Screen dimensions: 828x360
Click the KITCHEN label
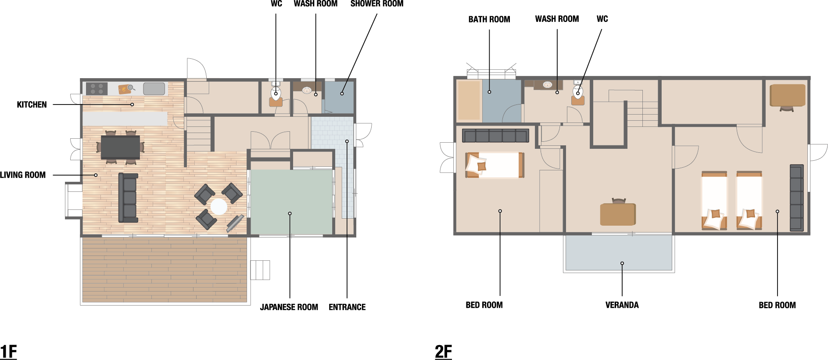[x=32, y=104]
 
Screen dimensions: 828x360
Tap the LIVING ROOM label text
[x=23, y=175]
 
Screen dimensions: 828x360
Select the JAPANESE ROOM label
[x=289, y=307]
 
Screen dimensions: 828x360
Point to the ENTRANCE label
[x=347, y=307]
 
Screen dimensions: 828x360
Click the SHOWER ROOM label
[x=377, y=4]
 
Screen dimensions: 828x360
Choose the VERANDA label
[x=622, y=305]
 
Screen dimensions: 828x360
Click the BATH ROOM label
[x=489, y=19]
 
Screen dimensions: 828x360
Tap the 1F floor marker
[x=8, y=352]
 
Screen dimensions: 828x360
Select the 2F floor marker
[x=443, y=352]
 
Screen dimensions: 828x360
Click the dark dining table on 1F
[x=120, y=147]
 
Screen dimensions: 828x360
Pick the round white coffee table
[x=219, y=206]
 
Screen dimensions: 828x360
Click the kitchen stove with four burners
[x=97, y=89]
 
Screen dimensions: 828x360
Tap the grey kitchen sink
[x=154, y=89]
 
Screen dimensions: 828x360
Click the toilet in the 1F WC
[x=276, y=92]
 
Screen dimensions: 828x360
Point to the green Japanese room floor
[x=290, y=202]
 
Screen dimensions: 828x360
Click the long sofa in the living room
[x=128, y=198]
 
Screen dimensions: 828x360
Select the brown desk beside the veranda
[x=618, y=214]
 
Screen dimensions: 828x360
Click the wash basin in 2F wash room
[x=547, y=85]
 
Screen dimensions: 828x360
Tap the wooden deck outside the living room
[x=165, y=270]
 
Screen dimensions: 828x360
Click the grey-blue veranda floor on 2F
[x=619, y=253]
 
